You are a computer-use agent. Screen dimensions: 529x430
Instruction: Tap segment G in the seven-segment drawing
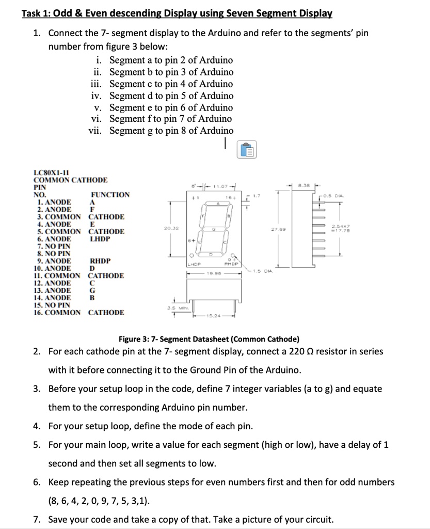coord(213,228)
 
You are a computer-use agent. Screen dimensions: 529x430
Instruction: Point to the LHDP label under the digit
coord(194,263)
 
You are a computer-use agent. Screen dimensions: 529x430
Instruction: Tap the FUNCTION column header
coord(110,195)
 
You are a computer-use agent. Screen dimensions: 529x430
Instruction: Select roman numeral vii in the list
coord(95,131)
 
